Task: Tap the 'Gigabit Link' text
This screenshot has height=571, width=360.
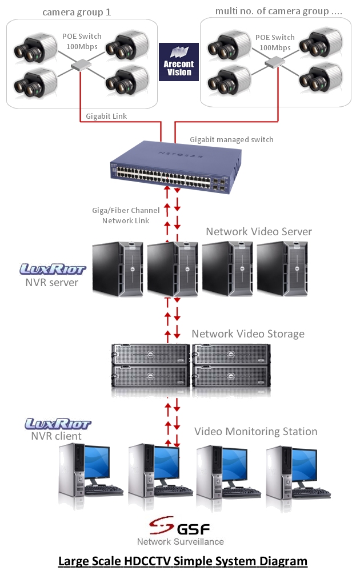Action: point(106,116)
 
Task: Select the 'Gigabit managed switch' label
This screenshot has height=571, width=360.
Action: point(231,139)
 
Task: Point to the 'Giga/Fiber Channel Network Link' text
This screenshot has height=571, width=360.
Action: point(126,215)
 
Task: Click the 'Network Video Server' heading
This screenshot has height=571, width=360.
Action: point(259,231)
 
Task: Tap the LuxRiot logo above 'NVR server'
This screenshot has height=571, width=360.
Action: point(53,268)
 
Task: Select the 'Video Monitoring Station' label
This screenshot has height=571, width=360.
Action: point(255,431)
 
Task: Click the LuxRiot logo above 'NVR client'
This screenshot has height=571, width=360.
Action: point(58,424)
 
